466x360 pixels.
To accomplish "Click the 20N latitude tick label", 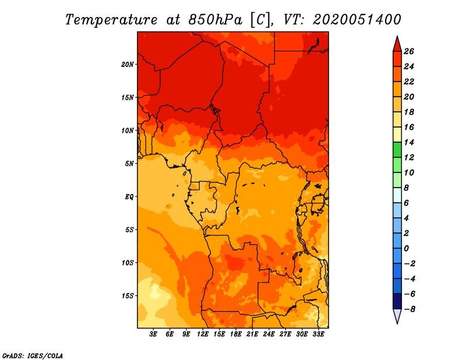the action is pyautogui.click(x=128, y=65).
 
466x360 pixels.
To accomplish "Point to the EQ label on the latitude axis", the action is pyautogui.click(x=129, y=197).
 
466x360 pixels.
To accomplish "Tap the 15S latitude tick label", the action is pyautogui.click(x=128, y=296).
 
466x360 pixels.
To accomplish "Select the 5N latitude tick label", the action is pyautogui.click(x=129, y=164).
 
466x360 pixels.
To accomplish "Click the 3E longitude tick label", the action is pyautogui.click(x=153, y=334).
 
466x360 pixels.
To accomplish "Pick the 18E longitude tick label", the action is pyautogui.click(x=236, y=334).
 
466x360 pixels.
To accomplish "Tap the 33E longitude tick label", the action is pyautogui.click(x=318, y=334).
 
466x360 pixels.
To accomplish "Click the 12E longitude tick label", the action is pyautogui.click(x=203, y=334).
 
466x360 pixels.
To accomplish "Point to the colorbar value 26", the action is pyautogui.click(x=409, y=51).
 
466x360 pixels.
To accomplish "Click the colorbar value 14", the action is pyautogui.click(x=409, y=142).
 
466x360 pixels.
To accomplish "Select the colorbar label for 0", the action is pyautogui.click(x=406, y=249).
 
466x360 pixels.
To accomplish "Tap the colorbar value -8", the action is pyautogui.click(x=409, y=309).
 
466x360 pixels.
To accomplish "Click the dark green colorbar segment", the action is pyautogui.click(x=397, y=150).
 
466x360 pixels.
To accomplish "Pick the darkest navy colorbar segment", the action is pyautogui.click(x=397, y=301).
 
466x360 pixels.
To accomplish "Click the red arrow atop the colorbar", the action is pyautogui.click(x=397, y=44).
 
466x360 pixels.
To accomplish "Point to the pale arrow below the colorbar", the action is pyautogui.click(x=397, y=316).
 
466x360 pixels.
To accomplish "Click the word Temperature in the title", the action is pyautogui.click(x=111, y=20).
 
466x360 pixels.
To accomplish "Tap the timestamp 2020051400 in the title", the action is pyautogui.click(x=357, y=20).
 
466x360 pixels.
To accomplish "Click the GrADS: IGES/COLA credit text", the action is pyautogui.click(x=33, y=356).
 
